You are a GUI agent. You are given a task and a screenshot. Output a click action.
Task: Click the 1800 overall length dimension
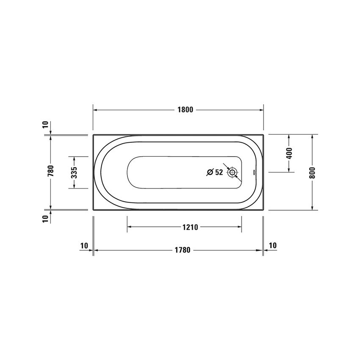click(x=185, y=110)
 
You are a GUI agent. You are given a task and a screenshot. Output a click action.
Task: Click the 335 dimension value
click(x=74, y=172)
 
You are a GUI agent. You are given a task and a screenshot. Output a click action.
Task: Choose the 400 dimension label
click(x=289, y=153)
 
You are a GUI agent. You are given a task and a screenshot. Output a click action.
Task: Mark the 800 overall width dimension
click(x=312, y=172)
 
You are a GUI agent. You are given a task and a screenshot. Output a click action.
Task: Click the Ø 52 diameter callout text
click(x=215, y=172)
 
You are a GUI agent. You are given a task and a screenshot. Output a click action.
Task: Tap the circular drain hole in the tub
click(x=233, y=172)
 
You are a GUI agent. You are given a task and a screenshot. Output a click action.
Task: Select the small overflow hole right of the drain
click(x=254, y=172)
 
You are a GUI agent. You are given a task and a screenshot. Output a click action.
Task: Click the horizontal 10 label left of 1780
click(x=84, y=245)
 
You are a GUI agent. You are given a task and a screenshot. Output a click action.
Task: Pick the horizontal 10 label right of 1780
click(x=272, y=245)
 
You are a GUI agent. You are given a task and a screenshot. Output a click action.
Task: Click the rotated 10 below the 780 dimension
click(x=45, y=219)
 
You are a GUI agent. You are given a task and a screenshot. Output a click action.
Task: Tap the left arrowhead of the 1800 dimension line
click(x=95, y=110)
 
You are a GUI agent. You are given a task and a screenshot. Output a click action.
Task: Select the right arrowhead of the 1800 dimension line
click(x=261, y=110)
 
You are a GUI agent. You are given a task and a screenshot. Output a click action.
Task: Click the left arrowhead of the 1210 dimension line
click(x=130, y=227)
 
